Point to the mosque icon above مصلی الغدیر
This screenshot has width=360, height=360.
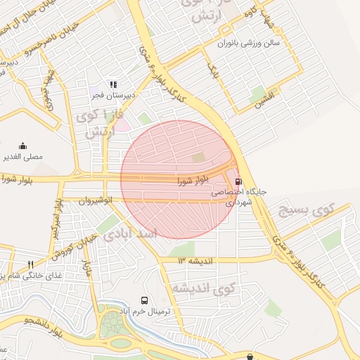click(x=23, y=146)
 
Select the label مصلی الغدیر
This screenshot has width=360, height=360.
click(x=24, y=156)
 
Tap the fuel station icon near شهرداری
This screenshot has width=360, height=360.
click(x=237, y=180)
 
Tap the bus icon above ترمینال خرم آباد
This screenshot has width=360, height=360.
click(x=145, y=300)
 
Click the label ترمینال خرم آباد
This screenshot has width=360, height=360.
click(x=145, y=311)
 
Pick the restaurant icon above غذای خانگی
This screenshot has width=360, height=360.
click(x=30, y=264)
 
